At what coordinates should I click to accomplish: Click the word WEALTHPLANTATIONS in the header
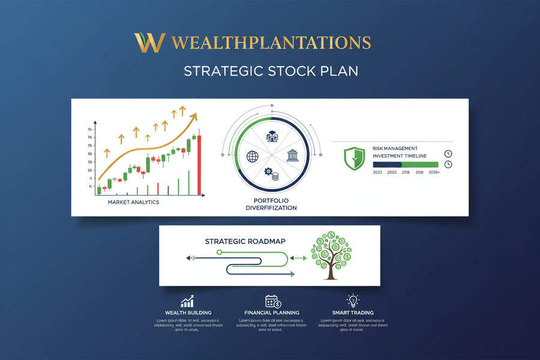[271, 43]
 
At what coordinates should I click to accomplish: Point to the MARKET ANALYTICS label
[133, 202]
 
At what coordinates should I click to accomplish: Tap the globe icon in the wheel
[252, 156]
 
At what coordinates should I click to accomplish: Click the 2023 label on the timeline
[377, 172]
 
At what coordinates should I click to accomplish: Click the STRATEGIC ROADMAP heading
[245, 241]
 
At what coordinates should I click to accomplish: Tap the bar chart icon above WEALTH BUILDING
[187, 301]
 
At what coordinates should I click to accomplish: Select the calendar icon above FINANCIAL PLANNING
[272, 301]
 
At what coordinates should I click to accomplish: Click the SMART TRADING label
[353, 313]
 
